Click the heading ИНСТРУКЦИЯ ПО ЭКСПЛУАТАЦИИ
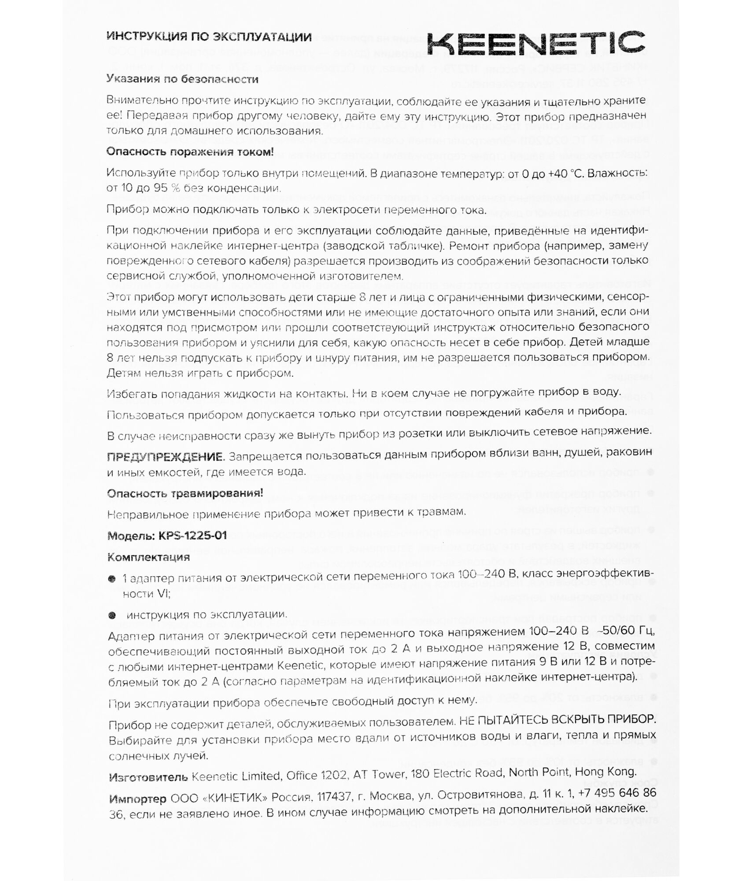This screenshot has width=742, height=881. [209, 37]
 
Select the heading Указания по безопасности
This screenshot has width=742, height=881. [182, 79]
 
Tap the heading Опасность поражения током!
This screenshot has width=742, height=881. [190, 152]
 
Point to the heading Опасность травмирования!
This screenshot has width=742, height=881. [185, 493]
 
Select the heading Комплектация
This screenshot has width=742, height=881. [148, 557]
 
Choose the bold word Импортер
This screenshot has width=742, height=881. [137, 797]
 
